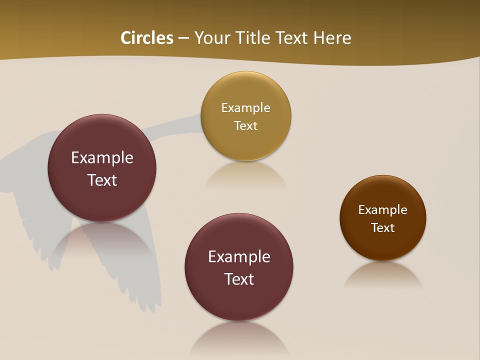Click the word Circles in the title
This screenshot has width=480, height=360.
coord(147,38)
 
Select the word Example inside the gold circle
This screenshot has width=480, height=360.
coord(245,107)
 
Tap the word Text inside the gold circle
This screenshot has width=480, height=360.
coord(245,125)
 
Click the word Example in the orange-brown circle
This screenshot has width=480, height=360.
coord(383,209)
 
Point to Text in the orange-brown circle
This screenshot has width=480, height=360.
coord(383,227)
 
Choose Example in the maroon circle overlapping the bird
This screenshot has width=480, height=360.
coord(102,157)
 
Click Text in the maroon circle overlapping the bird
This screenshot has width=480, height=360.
coord(102,180)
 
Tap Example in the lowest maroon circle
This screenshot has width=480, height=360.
coord(239,256)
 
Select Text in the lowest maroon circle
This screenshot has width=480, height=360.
coord(239,279)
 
